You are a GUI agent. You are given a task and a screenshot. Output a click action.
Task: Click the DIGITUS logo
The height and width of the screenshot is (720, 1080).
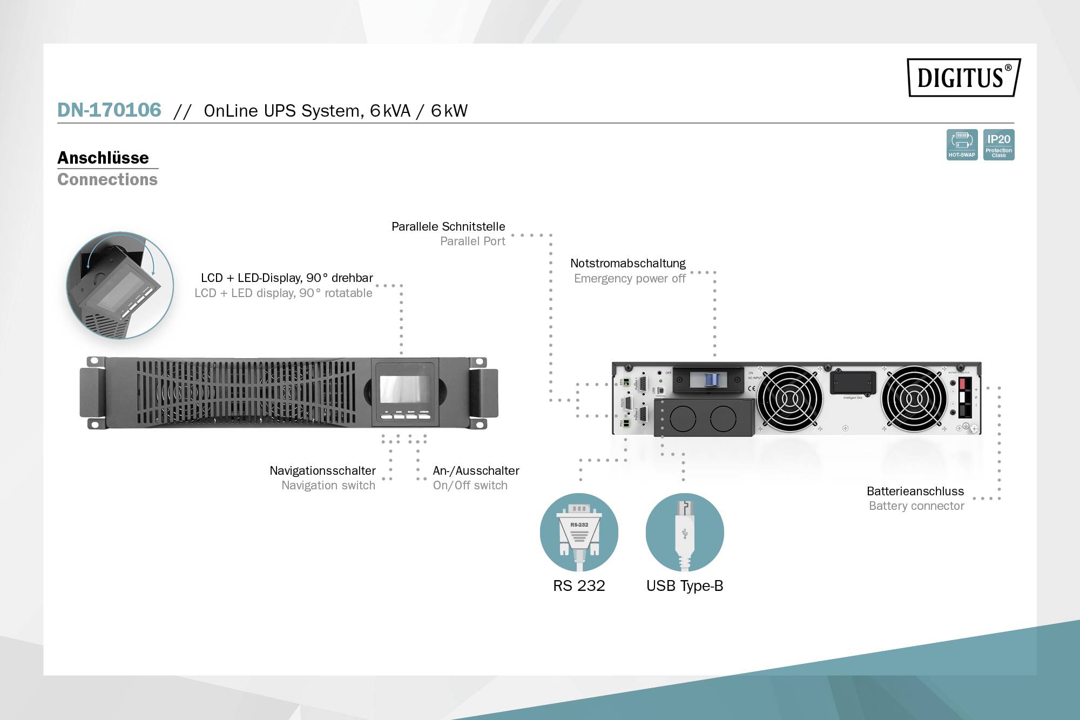point(963,77)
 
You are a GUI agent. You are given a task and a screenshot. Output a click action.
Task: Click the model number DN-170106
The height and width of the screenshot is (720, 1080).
point(109,110)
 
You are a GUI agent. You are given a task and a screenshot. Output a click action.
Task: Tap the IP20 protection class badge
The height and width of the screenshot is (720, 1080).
point(998,145)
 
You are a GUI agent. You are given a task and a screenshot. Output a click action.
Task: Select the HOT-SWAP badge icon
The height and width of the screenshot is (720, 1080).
point(962,145)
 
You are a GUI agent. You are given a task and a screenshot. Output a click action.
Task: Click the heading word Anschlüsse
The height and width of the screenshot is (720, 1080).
point(103,158)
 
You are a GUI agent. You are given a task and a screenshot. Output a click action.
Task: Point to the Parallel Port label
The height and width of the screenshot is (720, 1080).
point(473,241)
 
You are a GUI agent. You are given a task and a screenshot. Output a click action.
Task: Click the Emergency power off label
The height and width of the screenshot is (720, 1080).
point(629,279)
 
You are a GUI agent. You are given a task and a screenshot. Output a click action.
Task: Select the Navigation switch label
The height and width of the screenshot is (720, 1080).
point(328,486)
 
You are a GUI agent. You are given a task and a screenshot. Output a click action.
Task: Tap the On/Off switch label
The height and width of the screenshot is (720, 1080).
point(470,486)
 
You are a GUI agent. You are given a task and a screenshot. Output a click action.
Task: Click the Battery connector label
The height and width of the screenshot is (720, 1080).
point(916,506)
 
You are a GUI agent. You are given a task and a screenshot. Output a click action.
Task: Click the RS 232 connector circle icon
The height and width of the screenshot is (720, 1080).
point(579,532)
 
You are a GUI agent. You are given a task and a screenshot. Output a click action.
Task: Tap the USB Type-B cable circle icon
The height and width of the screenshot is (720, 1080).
point(685,532)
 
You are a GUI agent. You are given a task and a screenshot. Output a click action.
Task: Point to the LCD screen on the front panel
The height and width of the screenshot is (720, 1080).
point(404,389)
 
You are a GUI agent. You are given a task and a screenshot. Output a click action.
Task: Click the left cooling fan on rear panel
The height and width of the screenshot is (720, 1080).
point(789,399)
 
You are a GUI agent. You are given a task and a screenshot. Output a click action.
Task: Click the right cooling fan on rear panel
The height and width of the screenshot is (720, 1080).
point(914,399)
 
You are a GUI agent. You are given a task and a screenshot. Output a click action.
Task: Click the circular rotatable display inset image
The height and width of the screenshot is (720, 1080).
point(120,286)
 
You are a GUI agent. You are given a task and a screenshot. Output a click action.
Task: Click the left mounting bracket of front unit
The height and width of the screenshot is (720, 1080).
point(93,393)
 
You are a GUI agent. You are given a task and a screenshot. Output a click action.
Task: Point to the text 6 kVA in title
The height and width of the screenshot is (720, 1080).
point(390,111)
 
